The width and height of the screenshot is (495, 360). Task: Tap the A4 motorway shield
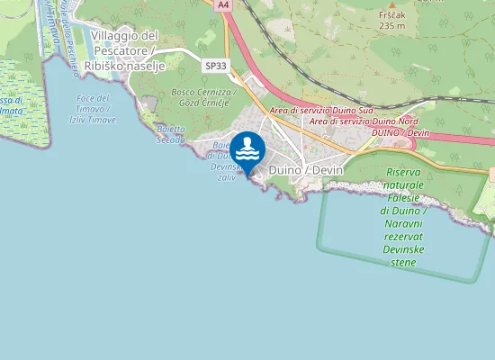[x=222, y=4]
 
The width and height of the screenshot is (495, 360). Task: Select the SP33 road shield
[x=216, y=66]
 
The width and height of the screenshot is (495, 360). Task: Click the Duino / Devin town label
[x=306, y=171]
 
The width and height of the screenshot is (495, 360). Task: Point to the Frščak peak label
[x=392, y=14]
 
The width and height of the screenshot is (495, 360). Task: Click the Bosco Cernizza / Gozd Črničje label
[x=203, y=97]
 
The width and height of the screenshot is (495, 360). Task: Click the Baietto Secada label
[x=171, y=135]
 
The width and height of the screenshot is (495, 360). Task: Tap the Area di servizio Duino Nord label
[x=364, y=121]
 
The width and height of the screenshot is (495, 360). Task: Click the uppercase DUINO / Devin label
[x=400, y=133]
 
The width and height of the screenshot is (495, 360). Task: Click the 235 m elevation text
[x=392, y=25]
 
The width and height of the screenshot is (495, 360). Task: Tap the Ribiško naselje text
[x=124, y=66]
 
